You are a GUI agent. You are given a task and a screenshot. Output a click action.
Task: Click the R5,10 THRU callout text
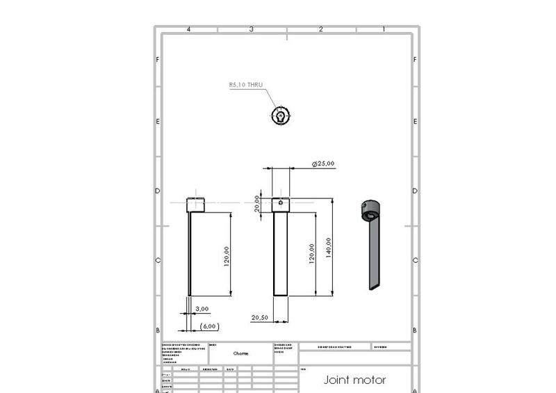[246, 85]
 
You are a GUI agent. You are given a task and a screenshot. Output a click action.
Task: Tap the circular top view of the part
[279, 116]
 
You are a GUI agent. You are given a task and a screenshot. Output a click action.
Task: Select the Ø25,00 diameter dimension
[323, 163]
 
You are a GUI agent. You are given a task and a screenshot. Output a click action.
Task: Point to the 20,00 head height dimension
[257, 202]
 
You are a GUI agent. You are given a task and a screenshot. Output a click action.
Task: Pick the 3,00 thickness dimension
[202, 308]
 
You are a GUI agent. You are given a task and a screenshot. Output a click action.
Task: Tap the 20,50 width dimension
[260, 317]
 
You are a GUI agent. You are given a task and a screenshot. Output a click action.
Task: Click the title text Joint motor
[354, 380]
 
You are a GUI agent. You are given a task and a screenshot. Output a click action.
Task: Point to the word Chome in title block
[240, 353]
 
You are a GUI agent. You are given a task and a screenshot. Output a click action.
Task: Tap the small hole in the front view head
[280, 204]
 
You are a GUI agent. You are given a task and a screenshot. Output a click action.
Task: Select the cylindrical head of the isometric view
[370, 207]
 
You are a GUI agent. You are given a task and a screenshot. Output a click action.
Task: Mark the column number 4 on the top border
[188, 29]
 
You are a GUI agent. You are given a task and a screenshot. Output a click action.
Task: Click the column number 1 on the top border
[384, 29]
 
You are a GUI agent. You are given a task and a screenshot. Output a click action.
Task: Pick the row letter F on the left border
[158, 60]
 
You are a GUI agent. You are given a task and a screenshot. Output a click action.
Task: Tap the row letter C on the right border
[415, 261]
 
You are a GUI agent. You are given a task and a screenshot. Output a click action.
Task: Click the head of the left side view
[197, 205]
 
